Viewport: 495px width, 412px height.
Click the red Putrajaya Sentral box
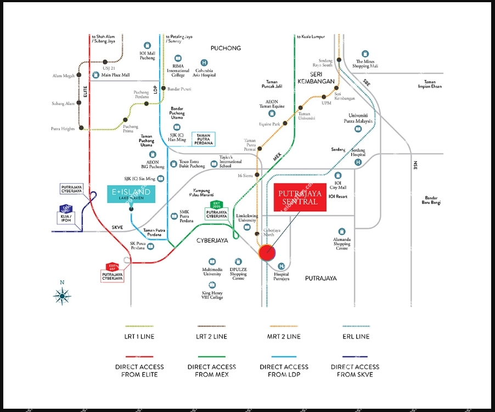300,197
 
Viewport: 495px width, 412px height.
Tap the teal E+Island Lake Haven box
131,194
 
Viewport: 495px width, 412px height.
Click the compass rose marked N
62,296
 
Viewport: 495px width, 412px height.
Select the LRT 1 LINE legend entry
139,336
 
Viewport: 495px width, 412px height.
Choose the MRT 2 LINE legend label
283,336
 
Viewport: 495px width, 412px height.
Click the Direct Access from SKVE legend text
355,370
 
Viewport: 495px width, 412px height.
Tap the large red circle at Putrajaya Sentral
267,252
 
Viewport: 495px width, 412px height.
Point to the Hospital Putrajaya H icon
281,266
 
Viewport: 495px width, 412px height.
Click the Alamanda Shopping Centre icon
342,232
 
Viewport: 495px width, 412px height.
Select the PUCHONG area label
226,48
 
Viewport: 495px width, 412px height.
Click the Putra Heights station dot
81,128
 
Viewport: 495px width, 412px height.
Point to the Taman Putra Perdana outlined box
203,139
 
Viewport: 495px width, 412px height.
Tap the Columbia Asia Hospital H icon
204,63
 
